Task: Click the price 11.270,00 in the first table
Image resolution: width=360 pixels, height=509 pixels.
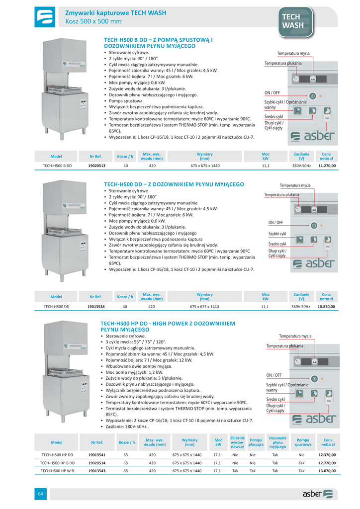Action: point(327,166)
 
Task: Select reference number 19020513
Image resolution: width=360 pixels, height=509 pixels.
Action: point(96,166)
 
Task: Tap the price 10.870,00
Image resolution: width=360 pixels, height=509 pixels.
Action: point(327,307)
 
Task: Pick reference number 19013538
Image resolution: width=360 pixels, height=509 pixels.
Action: point(95,307)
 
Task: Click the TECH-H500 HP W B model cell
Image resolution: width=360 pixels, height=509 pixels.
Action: point(57,470)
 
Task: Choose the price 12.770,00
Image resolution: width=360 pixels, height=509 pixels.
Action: point(327,462)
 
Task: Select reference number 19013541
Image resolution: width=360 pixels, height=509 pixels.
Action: point(97,454)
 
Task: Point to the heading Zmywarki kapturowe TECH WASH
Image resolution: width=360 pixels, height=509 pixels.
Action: point(115,13)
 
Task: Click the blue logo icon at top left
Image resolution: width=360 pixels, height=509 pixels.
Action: point(45,16)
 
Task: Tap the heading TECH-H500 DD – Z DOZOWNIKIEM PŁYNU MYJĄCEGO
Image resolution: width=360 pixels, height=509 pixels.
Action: point(174,184)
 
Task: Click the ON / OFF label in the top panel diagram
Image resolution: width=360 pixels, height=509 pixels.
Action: point(272,93)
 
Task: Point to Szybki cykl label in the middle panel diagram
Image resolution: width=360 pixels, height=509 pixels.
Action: point(277,234)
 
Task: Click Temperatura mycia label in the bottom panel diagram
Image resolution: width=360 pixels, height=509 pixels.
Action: point(295,336)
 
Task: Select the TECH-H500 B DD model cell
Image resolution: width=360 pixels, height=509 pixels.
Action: point(57,166)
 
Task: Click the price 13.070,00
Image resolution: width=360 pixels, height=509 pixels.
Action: point(327,470)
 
